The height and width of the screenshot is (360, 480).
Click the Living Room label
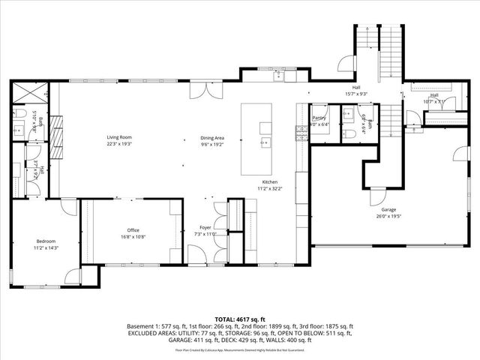point(119,137)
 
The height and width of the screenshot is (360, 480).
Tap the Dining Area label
point(212,137)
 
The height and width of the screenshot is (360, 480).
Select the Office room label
point(133,229)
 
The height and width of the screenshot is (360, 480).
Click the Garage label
point(388,209)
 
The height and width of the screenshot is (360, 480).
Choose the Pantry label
point(319,118)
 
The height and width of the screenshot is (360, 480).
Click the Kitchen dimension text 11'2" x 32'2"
point(269,188)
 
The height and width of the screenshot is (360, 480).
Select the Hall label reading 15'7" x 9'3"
point(355,94)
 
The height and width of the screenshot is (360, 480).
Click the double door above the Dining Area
point(201,90)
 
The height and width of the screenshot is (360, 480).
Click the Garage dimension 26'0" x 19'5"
point(388,216)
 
